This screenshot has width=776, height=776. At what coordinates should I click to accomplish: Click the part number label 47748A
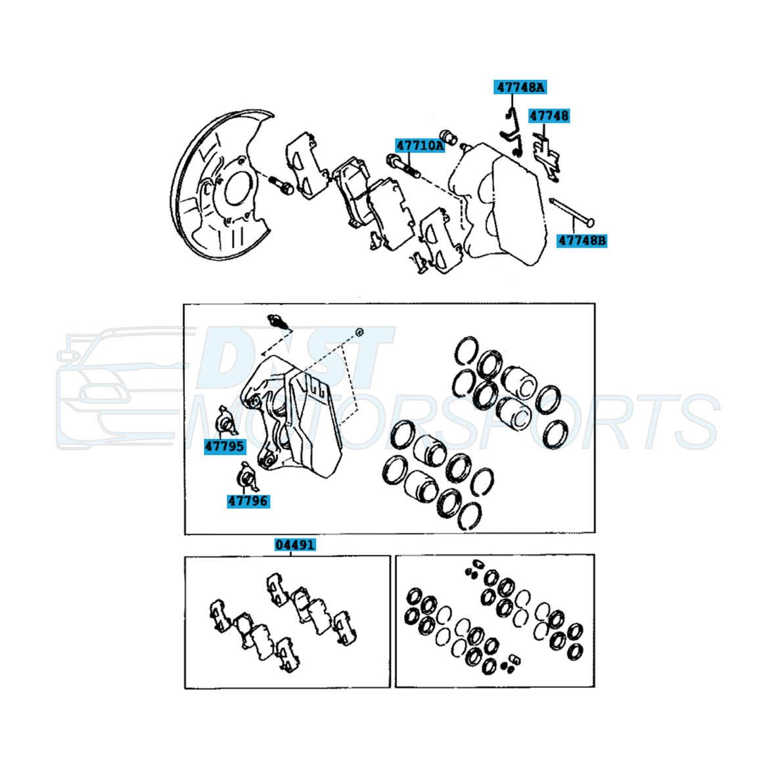click(520, 87)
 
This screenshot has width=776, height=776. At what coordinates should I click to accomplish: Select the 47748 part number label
click(549, 116)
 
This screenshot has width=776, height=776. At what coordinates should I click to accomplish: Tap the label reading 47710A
click(420, 145)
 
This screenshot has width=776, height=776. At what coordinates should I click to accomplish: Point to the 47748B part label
click(582, 240)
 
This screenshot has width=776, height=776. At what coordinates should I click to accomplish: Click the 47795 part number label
click(225, 446)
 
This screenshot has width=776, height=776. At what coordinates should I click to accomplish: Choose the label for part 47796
click(248, 501)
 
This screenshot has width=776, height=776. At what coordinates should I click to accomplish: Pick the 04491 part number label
click(295, 545)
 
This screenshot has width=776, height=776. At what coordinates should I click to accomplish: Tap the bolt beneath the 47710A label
click(403, 166)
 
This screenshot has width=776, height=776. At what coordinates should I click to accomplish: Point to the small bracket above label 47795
click(225, 422)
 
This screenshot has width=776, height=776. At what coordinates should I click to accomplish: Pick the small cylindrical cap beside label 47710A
click(448, 137)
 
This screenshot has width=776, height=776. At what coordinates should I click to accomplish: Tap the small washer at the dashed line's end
click(360, 332)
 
